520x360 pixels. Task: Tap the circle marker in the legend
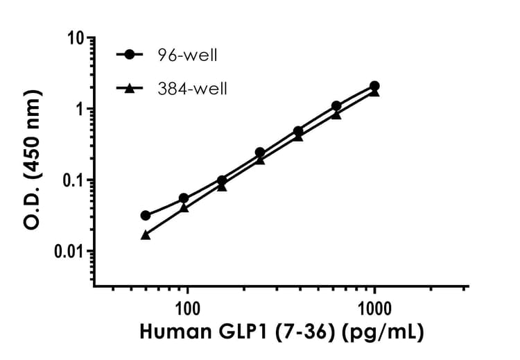tap(129, 54)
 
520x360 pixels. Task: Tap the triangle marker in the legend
tap(129, 88)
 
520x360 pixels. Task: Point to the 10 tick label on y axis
tap(78, 38)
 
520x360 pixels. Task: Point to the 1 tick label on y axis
tap(81, 110)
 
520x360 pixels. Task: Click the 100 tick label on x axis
tap(187, 307)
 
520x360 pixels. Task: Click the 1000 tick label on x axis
tap(375, 307)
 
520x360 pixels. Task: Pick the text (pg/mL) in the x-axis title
tap(385, 333)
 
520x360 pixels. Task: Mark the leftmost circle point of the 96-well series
tap(145, 216)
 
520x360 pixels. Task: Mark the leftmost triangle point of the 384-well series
tap(145, 234)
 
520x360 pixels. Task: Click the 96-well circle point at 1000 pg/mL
tap(374, 86)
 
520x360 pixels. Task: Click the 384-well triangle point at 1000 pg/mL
tap(374, 92)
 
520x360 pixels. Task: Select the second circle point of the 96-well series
tap(184, 198)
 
